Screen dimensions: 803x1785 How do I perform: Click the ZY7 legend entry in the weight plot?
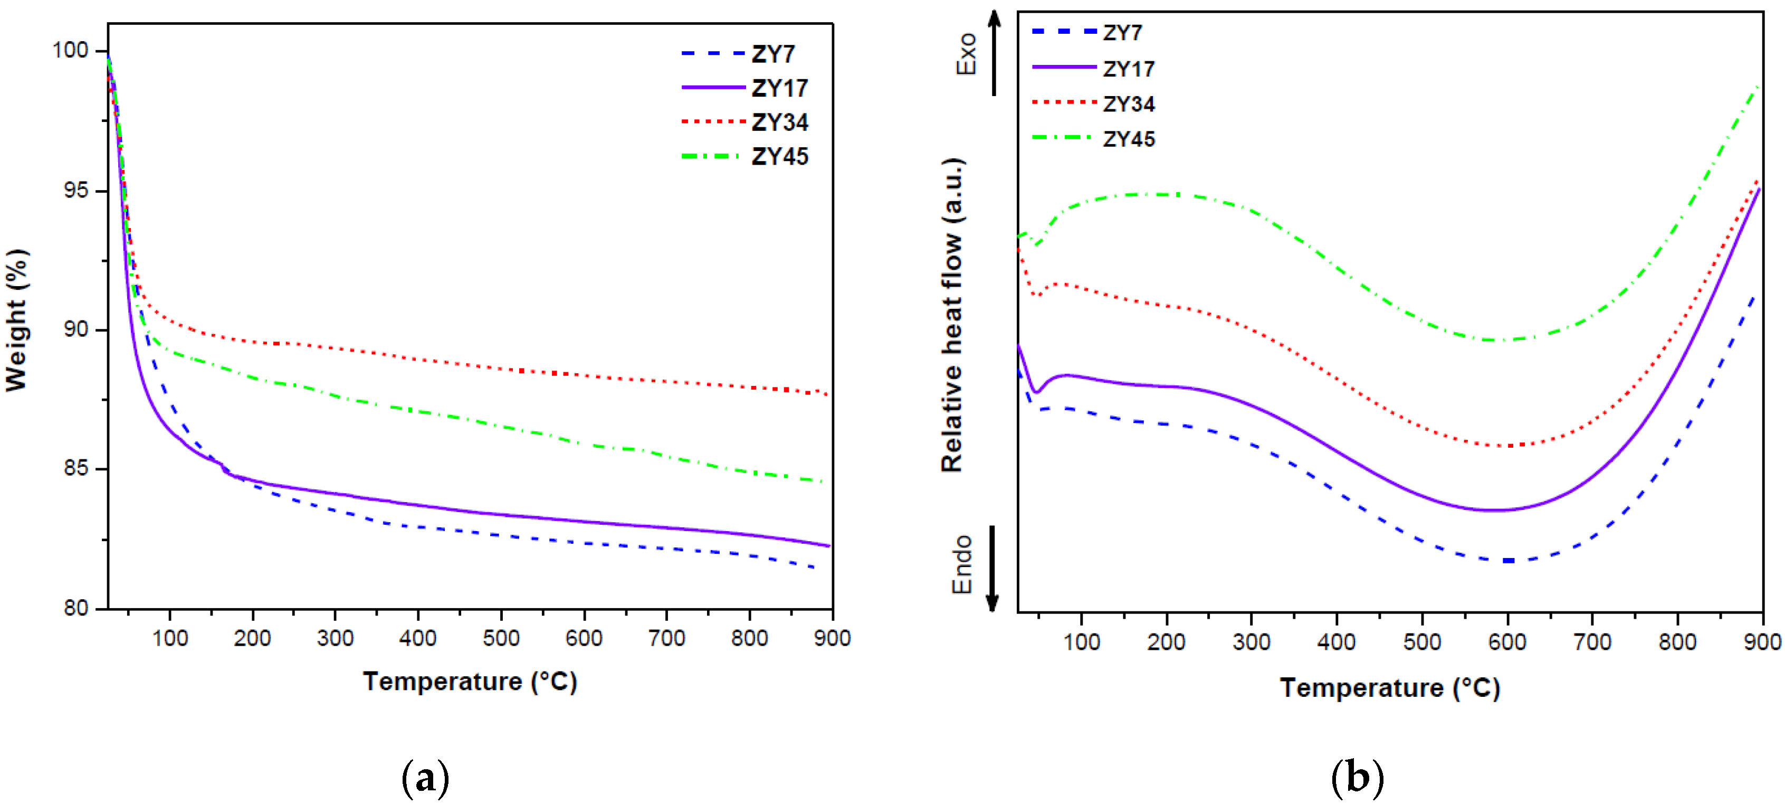[x=772, y=54]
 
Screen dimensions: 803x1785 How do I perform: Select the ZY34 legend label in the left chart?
[x=779, y=122]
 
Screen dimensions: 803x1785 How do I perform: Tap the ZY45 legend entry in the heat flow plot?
[x=1128, y=139]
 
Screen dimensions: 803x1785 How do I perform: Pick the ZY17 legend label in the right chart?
[x=1128, y=69]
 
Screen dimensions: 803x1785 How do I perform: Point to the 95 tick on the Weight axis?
[x=76, y=191]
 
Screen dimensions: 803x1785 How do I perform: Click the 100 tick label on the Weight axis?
[x=71, y=51]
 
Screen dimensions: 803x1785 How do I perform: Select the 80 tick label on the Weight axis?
[x=76, y=608]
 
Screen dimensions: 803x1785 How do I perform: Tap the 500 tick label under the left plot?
[x=500, y=638]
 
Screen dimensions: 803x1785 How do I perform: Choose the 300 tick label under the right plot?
[x=1252, y=642]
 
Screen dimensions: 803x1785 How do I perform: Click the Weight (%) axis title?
[x=17, y=320]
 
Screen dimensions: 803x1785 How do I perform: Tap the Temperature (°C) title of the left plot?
[x=470, y=682]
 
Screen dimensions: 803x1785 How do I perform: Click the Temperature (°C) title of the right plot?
[x=1389, y=688]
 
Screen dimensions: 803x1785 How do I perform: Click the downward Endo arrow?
[x=992, y=569]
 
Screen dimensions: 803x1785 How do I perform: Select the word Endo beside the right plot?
[x=962, y=564]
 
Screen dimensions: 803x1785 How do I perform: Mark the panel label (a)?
[x=425, y=778]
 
